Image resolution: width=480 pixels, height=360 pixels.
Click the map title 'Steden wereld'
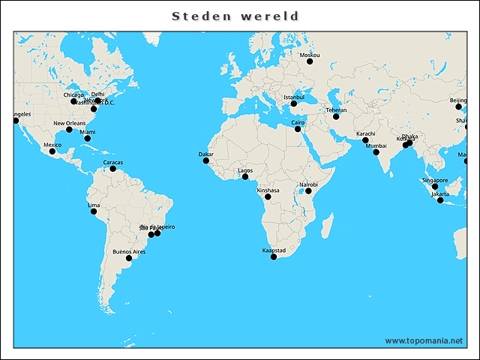tap(235, 16)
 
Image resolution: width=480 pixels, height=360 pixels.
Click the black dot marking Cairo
tap(298, 129)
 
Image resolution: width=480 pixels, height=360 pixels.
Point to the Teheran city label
tap(336, 110)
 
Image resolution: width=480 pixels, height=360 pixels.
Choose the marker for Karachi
tap(365, 141)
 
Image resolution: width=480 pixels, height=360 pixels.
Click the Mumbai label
tap(376, 145)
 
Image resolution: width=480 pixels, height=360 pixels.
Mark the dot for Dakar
tap(206, 160)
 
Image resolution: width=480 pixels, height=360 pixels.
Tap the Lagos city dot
tap(245, 177)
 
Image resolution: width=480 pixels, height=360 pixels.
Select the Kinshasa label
tap(268, 190)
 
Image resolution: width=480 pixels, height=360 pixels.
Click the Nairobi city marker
tap(309, 191)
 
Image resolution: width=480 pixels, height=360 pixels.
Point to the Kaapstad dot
tap(274, 257)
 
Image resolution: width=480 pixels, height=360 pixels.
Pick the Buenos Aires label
tap(129, 252)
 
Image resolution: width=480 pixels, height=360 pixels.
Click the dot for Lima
tap(94, 211)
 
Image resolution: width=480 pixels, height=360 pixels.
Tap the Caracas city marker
tap(113, 169)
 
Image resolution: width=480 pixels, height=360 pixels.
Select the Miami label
tap(88, 132)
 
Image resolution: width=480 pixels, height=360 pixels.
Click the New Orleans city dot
tap(69, 130)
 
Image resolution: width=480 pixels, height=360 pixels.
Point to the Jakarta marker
tap(440, 200)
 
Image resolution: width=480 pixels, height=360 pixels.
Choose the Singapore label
tap(435, 180)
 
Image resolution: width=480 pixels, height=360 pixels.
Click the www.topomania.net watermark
tap(424, 340)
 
